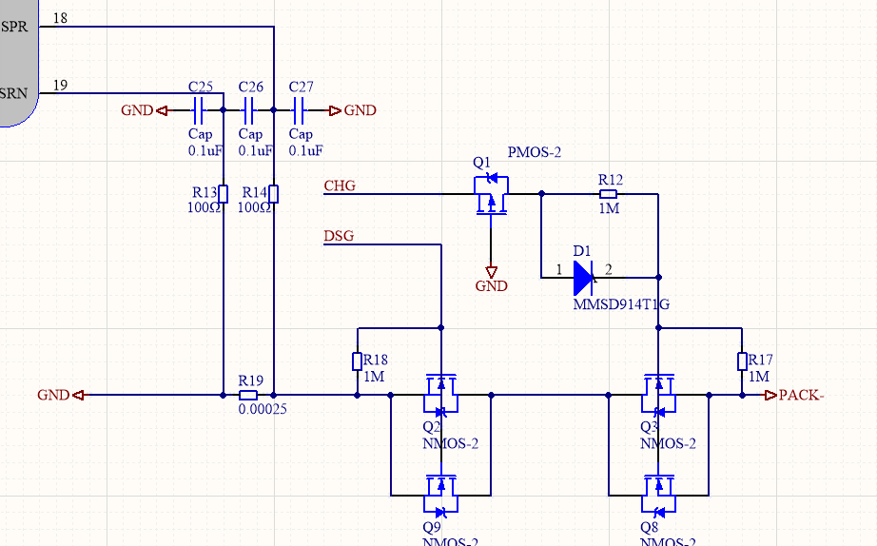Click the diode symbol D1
[584, 278]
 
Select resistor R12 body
[609, 193]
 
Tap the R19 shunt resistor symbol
[248, 395]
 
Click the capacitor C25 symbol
[201, 110]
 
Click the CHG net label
[340, 185]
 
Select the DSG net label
[339, 236]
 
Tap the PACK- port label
[800, 395]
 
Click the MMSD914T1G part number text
[621, 305]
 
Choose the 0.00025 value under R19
[263, 411]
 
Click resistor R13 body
[223, 193]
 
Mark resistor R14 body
[273, 193]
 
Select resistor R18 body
[357, 361]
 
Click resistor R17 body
[741, 361]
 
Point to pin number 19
[60, 86]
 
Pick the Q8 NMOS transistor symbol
[658, 490]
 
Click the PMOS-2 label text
[536, 152]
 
